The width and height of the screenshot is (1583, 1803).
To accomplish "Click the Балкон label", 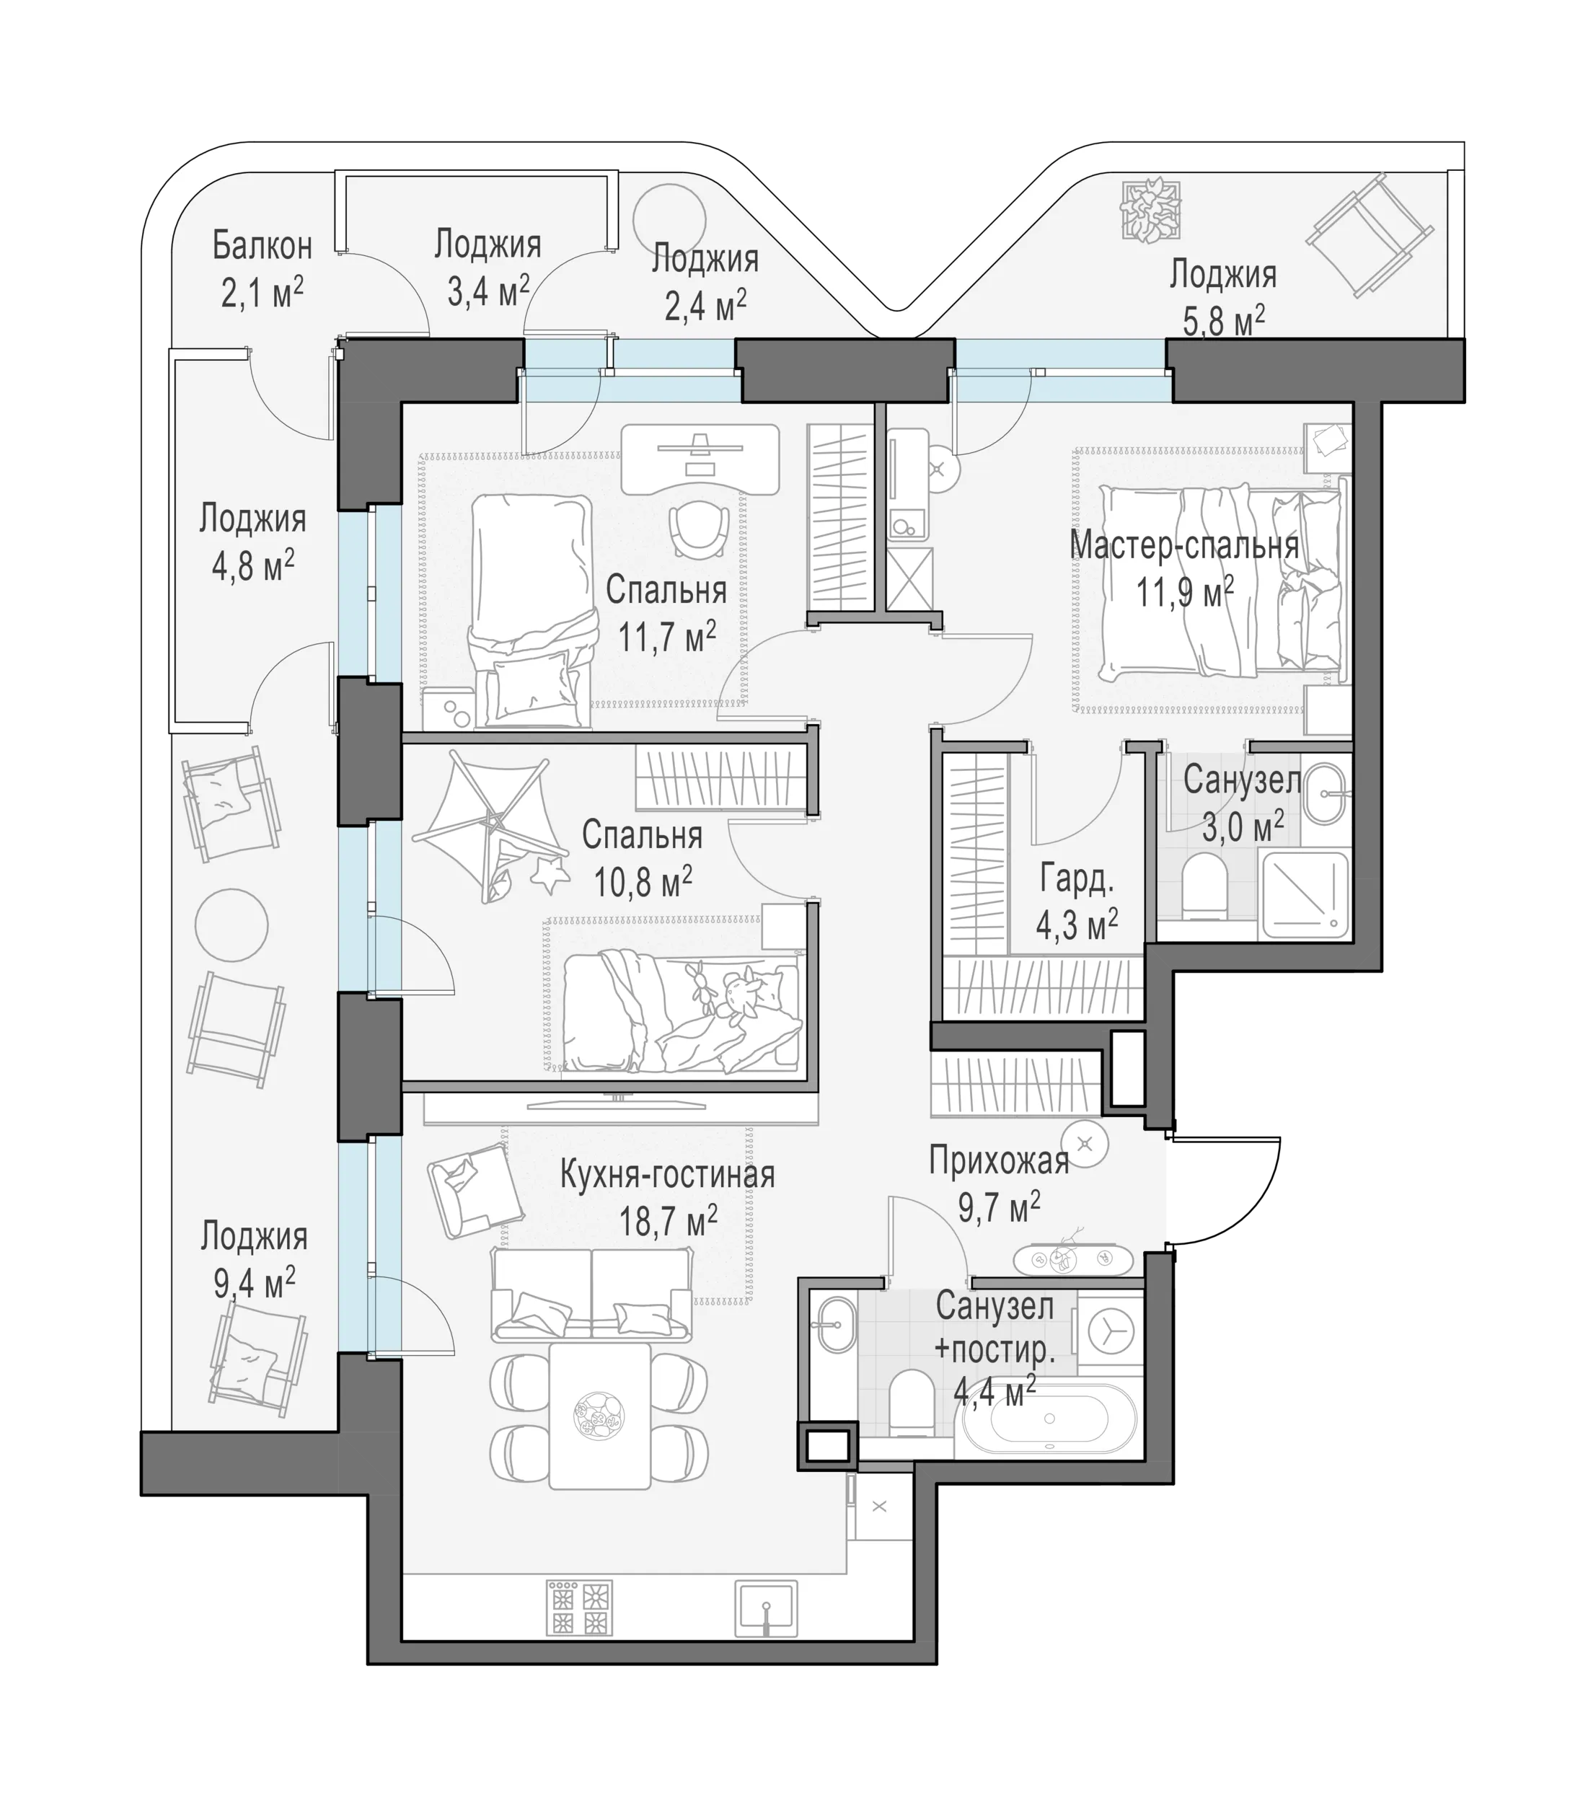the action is [x=262, y=246].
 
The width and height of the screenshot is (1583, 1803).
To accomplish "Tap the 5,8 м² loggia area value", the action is [x=1223, y=320].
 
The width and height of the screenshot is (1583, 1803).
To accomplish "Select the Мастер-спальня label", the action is [x=1184, y=546].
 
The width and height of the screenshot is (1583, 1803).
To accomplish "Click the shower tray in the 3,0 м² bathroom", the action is [x=1306, y=894].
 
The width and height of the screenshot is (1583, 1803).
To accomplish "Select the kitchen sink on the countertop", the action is [x=767, y=1608].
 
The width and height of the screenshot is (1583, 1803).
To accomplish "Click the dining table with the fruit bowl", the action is [x=600, y=1416].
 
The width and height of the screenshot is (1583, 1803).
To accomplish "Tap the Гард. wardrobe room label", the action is [x=1076, y=879].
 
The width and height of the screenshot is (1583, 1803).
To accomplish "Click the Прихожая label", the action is [x=998, y=1162].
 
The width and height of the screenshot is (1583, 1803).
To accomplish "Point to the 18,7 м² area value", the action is [x=668, y=1222].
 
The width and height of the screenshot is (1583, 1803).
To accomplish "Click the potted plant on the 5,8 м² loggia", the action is [x=1150, y=208].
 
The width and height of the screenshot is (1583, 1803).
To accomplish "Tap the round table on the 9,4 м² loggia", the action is [x=231, y=925].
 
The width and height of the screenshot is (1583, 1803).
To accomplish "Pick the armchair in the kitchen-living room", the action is [x=475, y=1189].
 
